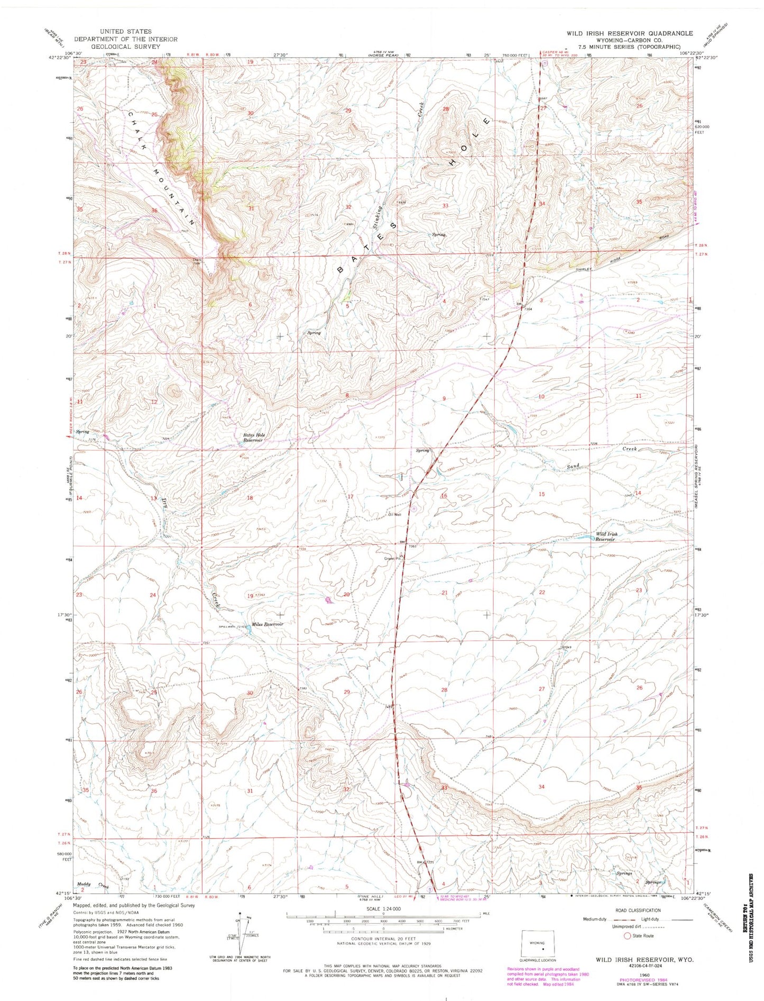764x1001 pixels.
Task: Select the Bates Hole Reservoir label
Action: coord(253,438)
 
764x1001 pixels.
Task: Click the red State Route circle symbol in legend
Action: coord(628,935)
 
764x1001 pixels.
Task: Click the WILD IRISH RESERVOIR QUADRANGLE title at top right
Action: coord(629,33)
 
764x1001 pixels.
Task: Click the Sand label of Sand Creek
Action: coord(574,466)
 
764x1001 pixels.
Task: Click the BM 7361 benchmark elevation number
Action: coord(412,546)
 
